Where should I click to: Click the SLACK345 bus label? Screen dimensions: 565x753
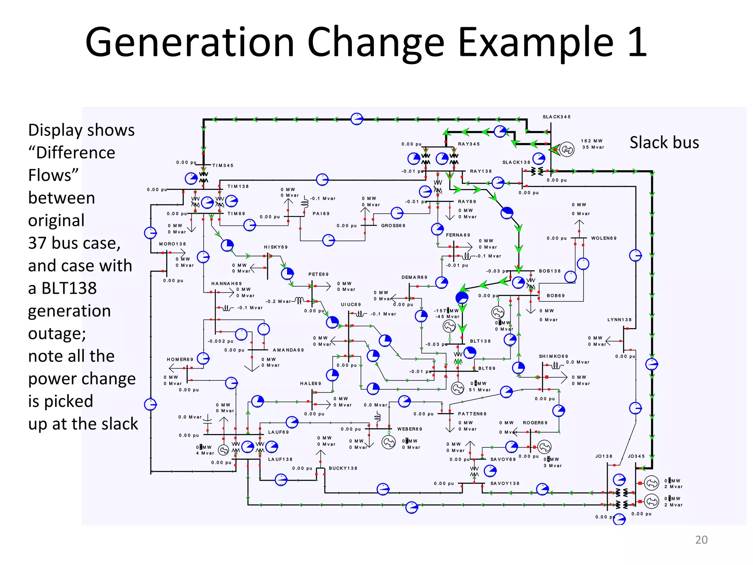click(556, 117)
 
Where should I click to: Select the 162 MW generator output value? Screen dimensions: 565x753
click(592, 141)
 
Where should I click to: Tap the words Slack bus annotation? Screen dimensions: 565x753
click(664, 143)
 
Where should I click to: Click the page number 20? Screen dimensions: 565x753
click(701, 540)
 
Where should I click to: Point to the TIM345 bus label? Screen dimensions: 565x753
click(222, 166)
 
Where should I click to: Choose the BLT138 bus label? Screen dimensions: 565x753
click(480, 341)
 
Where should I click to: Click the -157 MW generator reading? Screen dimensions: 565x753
click(446, 311)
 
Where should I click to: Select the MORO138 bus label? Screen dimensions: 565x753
click(172, 244)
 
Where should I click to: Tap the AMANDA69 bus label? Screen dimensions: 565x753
click(288, 350)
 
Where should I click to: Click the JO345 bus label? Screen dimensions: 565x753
click(636, 456)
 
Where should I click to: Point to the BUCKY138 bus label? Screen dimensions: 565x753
click(343, 468)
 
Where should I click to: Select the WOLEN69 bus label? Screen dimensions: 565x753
click(604, 238)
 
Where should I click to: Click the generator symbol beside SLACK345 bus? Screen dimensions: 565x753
click(567, 149)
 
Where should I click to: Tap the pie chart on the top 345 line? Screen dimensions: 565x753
click(357, 119)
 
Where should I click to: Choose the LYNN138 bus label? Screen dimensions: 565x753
click(619, 320)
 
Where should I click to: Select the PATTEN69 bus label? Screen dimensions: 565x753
click(472, 414)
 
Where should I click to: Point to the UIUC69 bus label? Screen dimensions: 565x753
click(351, 305)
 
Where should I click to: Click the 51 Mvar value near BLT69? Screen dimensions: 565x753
click(479, 390)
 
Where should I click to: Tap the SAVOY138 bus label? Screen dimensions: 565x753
click(505, 483)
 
